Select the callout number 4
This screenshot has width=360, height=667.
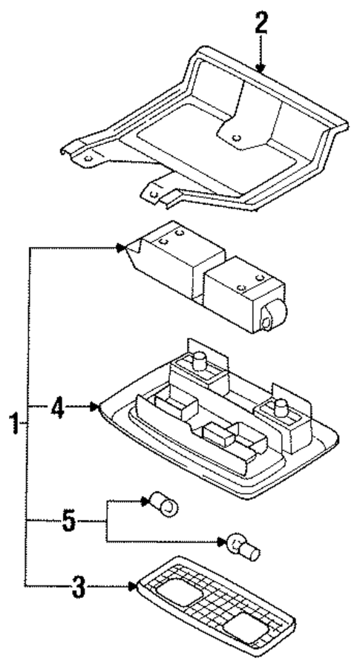point(58,407)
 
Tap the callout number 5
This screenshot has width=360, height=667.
point(68,521)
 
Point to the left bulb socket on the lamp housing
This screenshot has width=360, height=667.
point(200,362)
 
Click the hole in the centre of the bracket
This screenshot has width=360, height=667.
point(236,136)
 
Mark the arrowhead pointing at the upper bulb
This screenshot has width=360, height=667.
point(145,502)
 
